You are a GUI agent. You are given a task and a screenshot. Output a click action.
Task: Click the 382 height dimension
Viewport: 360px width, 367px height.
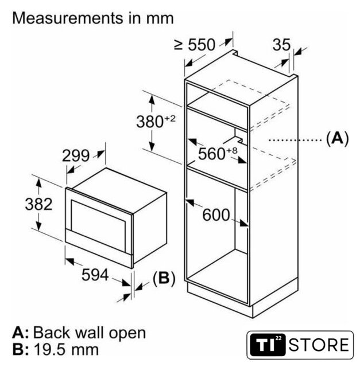coord(38,204)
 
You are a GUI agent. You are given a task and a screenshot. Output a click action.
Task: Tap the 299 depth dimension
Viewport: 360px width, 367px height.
coord(76,155)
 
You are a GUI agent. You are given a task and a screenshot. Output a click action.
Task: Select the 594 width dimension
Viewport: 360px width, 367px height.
coord(95,275)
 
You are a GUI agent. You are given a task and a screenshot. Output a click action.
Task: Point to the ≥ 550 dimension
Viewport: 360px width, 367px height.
coord(195,45)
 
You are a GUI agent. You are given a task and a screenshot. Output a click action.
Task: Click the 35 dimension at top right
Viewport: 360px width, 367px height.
coord(281,45)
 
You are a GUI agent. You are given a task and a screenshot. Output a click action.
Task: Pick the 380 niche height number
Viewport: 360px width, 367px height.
coord(150,122)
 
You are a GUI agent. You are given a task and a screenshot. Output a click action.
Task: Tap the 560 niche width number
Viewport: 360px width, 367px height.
coord(212,154)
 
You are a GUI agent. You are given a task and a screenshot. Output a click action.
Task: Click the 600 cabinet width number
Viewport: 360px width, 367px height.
coord(216,215)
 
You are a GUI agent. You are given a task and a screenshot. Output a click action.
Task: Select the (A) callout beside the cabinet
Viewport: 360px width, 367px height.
coord(337,138)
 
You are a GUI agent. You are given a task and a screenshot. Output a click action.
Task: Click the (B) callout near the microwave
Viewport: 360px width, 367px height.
coord(164,278)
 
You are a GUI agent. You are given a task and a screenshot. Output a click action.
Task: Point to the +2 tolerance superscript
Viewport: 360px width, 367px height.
coord(170,119)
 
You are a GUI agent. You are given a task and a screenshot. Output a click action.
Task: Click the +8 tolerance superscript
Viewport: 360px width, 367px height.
coord(232,150)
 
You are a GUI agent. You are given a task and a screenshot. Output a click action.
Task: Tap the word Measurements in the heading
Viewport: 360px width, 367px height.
coord(68,18)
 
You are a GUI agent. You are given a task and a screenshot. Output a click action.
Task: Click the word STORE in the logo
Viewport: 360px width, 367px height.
coord(319,345)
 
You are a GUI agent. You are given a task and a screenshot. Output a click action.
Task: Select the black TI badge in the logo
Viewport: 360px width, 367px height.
coord(268,345)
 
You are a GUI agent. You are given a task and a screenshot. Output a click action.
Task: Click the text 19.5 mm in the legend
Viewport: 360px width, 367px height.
coord(67,350)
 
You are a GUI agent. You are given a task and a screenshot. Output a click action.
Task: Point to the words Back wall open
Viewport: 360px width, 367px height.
coord(90,333)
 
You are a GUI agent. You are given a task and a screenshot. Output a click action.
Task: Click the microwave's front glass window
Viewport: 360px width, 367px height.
coord(98,221)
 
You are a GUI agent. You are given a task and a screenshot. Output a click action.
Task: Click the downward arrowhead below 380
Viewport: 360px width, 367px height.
coord(152,147)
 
